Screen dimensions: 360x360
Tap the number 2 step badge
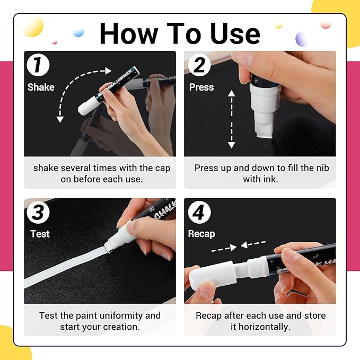pyautogui.click(x=199, y=66)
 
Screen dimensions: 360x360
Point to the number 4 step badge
pyautogui.click(x=199, y=213)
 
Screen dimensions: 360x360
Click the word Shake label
pyautogui.click(x=41, y=87)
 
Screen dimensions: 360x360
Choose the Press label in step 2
pyautogui.click(x=201, y=87)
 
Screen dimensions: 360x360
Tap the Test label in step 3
pyautogui.click(x=40, y=234)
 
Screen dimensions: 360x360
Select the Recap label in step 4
pyautogui.click(x=202, y=234)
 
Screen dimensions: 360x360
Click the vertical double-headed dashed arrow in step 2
pyautogui.click(x=231, y=119)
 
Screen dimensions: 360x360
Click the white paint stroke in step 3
pyautogui.click(x=64, y=270)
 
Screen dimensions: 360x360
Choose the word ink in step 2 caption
pyautogui.click(x=269, y=179)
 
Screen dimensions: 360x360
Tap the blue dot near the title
pyautogui.click(x=78, y=32)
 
